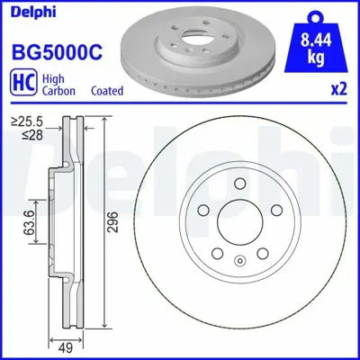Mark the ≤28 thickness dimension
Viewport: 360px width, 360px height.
click(x=24, y=136)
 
